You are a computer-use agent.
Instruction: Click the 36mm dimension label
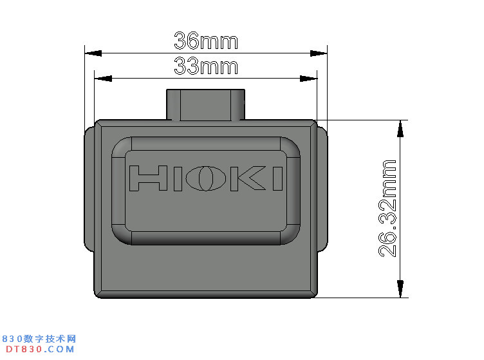[x=206, y=41]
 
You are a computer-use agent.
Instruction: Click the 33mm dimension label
[x=206, y=66]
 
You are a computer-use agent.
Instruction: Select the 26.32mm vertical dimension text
[x=387, y=208]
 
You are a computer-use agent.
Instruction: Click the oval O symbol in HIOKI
[x=205, y=178]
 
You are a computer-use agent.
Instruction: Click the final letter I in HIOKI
[x=277, y=178]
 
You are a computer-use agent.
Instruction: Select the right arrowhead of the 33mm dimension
[x=308, y=79]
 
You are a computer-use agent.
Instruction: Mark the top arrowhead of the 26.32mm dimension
[x=401, y=128]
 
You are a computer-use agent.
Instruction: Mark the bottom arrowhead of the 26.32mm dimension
[x=401, y=289]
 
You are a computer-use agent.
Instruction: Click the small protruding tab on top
[x=206, y=104]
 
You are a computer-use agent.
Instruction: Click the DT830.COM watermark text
[x=39, y=349]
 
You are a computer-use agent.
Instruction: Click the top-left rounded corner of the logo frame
[x=121, y=147]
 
